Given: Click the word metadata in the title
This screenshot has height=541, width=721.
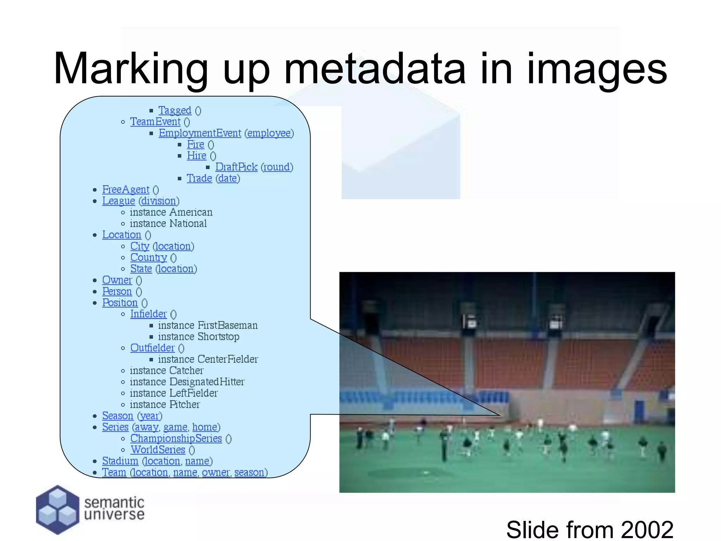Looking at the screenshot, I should (x=375, y=69).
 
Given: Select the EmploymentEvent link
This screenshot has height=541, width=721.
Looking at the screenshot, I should (x=200, y=133).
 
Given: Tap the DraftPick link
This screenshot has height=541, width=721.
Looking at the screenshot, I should (x=236, y=167).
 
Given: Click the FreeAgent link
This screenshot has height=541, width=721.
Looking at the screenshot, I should (x=126, y=189).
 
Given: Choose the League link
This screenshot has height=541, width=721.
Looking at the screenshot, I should (x=119, y=201).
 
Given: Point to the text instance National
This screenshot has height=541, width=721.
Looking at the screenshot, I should (x=168, y=224).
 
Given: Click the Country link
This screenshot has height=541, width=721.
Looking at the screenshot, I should (x=149, y=257).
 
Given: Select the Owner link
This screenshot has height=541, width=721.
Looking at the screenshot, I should (x=117, y=280).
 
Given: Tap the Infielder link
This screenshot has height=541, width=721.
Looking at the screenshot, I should (x=148, y=314).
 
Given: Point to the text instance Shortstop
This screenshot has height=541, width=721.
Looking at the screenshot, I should (x=199, y=337).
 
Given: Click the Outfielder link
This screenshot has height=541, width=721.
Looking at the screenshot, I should (x=152, y=348).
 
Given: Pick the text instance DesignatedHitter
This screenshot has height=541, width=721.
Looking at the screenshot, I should (x=187, y=382).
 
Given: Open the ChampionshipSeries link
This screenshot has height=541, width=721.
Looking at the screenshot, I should (x=176, y=439).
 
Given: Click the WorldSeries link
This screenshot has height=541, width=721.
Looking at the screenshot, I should (x=158, y=450).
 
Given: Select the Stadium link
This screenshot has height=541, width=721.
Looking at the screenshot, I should (x=120, y=461).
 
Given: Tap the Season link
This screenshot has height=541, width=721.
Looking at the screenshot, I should (x=118, y=416).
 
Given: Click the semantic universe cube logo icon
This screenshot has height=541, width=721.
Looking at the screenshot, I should (x=57, y=509).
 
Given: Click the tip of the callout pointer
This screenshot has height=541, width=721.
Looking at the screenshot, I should (x=500, y=415).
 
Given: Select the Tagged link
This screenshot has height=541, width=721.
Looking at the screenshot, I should (x=175, y=111).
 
